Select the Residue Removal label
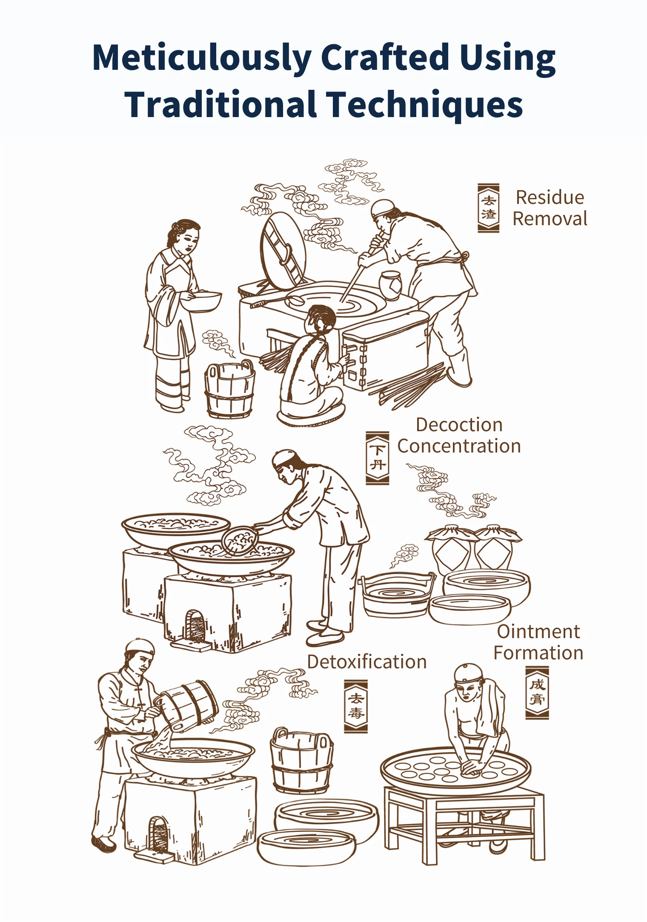550,208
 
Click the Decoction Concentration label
459,435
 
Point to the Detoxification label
367,662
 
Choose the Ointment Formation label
538,642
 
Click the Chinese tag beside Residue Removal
488,208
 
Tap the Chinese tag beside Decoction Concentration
378,458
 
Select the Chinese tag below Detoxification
356,706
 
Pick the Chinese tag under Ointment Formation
537,693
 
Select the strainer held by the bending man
239,541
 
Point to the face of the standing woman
190,240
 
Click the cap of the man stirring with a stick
382,208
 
